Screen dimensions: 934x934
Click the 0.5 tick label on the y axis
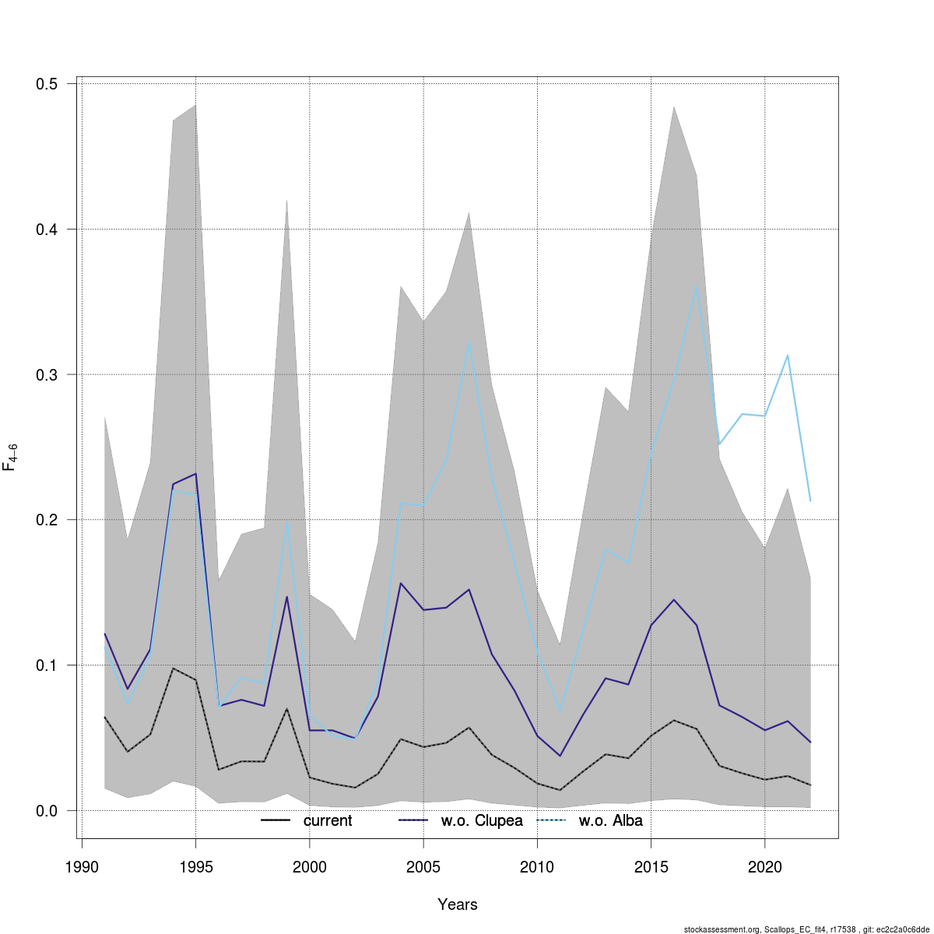51,84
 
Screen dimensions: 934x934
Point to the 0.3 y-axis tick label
51,374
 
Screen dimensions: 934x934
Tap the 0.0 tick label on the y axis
51,810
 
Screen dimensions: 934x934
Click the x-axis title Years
458,904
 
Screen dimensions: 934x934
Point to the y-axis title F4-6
11,457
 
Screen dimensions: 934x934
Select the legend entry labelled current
328,820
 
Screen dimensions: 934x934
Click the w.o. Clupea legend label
482,820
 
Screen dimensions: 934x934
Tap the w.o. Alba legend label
610,820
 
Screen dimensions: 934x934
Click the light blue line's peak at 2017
697,286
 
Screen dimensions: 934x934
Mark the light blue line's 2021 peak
788,356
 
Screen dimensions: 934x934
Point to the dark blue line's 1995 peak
195,473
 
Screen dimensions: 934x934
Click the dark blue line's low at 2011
560,756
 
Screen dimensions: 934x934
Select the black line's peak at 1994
173,669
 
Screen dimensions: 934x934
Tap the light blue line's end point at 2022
810,500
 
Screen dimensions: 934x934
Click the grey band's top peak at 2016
674,107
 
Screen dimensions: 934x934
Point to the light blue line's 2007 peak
469,342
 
